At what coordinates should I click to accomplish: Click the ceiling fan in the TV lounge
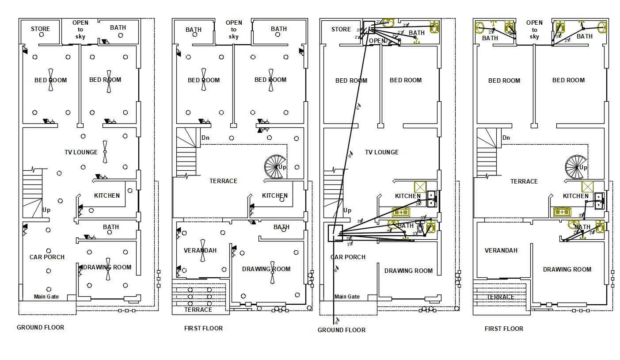point(105,152)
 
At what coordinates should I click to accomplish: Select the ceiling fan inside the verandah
point(202,250)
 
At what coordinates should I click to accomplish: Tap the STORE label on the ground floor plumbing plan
point(341,29)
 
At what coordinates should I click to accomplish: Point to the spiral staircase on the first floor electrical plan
point(274,167)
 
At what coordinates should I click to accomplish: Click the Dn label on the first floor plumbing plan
point(506,138)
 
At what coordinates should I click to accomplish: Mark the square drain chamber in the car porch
point(335,233)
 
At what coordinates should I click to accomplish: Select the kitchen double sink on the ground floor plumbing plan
point(432,199)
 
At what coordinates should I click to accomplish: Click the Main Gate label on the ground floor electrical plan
point(46,297)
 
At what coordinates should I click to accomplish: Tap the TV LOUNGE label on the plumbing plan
point(381,152)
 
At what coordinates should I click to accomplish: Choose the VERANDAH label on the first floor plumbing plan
point(501,250)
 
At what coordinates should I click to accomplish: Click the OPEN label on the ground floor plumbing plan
point(377,41)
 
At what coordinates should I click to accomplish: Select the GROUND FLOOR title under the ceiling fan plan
point(40,327)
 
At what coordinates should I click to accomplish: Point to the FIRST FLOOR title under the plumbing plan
point(504,329)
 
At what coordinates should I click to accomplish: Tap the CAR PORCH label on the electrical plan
point(47,257)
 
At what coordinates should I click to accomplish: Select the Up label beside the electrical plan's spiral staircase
point(282,167)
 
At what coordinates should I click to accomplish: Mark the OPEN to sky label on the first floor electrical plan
point(233,29)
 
